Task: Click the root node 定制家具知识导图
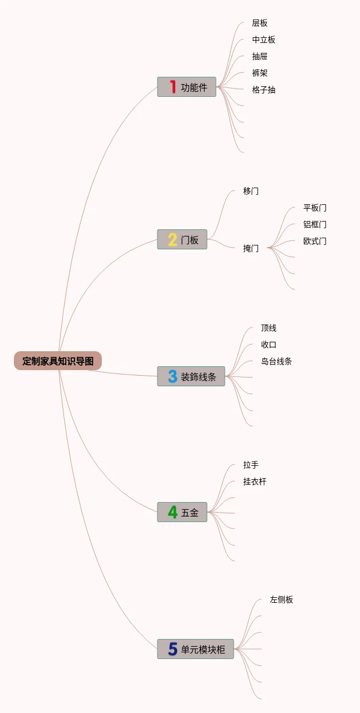click(x=58, y=361)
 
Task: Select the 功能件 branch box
click(x=187, y=87)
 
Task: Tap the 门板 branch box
click(x=183, y=239)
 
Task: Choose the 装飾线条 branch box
click(x=191, y=376)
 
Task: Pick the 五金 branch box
click(x=183, y=512)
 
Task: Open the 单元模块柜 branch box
click(x=196, y=649)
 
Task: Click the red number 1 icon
click(x=173, y=87)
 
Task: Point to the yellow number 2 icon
click(x=172, y=239)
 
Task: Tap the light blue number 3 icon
click(x=172, y=376)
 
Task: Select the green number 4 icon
click(x=172, y=512)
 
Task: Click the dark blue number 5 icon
click(x=172, y=649)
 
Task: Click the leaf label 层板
click(x=260, y=23)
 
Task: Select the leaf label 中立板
click(x=264, y=40)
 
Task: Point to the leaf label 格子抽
click(x=264, y=90)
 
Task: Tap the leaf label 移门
click(x=251, y=191)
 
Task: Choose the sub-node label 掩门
click(x=251, y=248)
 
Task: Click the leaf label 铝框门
click(x=315, y=224)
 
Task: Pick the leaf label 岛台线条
click(x=277, y=361)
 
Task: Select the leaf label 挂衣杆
click(x=255, y=481)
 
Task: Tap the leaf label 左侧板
click(x=282, y=599)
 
